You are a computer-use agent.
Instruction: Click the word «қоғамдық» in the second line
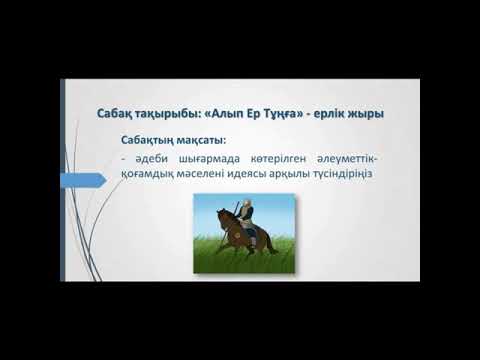pos(154,178)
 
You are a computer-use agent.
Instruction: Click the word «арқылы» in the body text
pos(313,178)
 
